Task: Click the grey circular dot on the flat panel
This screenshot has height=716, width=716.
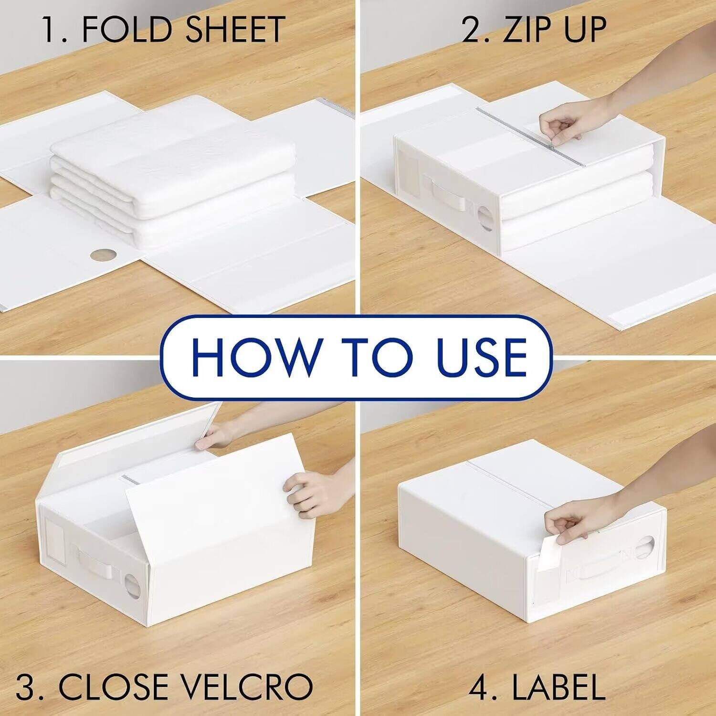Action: coord(99,254)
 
